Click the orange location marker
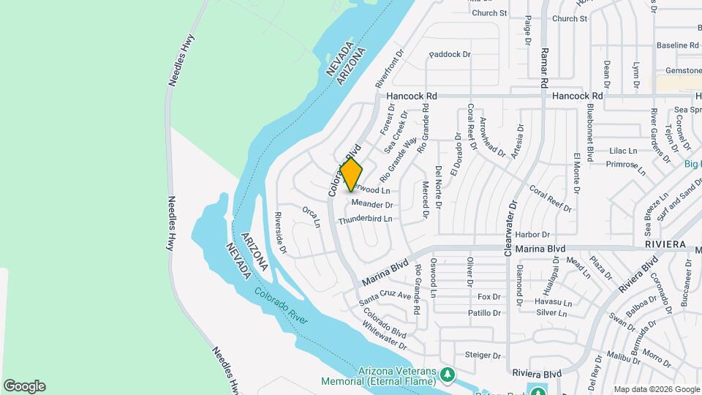351,175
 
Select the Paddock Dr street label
450,54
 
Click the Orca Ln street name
312,217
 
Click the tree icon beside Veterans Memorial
448,375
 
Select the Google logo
24,385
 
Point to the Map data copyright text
656,389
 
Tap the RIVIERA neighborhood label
665,244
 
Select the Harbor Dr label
532,234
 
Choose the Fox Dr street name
488,297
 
